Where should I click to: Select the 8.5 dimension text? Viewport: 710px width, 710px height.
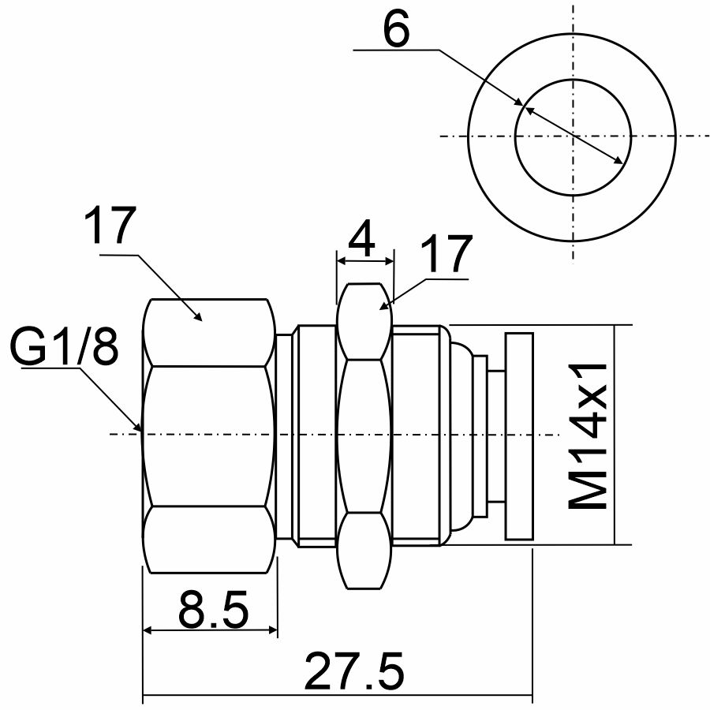coord(214,609)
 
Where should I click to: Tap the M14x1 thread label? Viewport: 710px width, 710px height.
coord(587,435)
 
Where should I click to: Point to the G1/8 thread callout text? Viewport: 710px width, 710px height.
coord(64,347)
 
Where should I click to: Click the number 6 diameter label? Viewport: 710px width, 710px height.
coord(396,28)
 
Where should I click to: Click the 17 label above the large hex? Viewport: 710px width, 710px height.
coord(110,225)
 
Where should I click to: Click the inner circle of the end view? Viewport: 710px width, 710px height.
coord(515,137)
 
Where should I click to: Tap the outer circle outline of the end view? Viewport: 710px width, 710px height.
coord(468,137)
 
